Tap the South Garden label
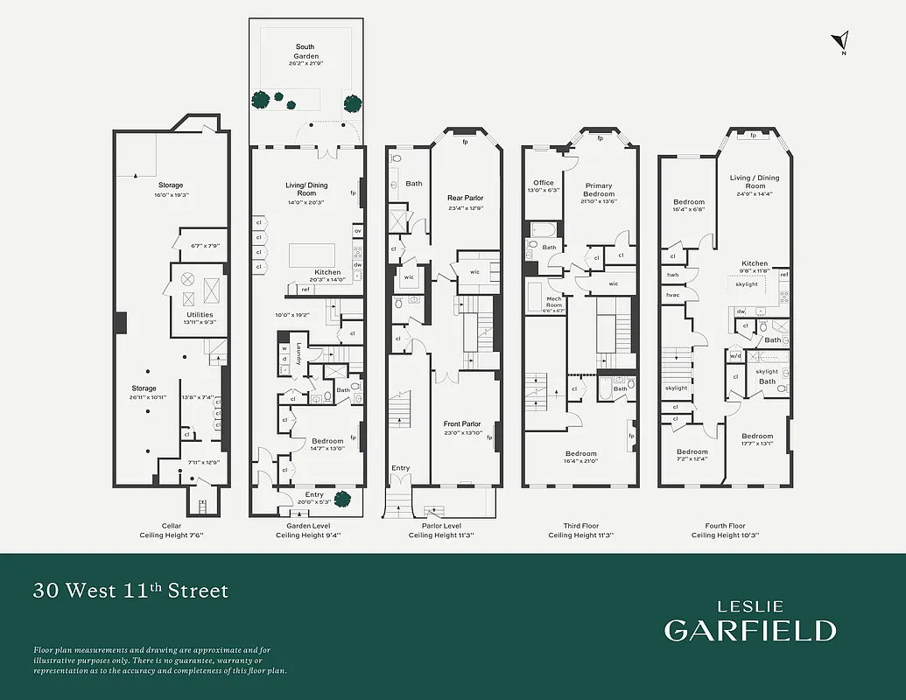pos(305,52)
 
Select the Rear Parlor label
pos(465,198)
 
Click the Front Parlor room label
pos(462,424)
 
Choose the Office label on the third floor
pos(544,183)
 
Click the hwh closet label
pos(672,275)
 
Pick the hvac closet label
pos(672,295)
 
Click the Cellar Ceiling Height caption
pos(171,535)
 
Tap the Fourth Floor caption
pos(725,526)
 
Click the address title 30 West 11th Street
pos(130,591)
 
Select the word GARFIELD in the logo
pos(749,630)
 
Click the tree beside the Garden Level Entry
pos(342,500)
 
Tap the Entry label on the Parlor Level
pos(400,468)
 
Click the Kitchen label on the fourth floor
pos(755,263)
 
